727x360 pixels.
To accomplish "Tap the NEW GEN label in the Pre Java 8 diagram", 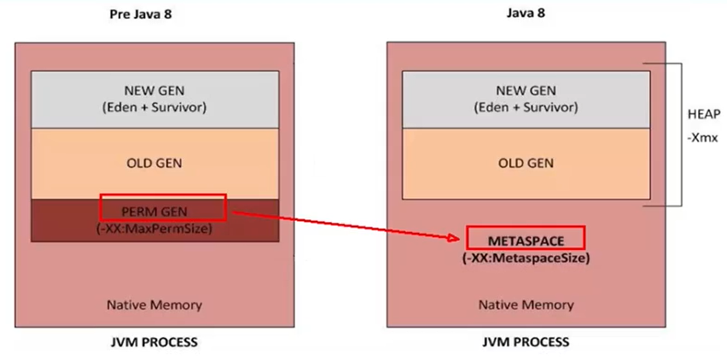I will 154,90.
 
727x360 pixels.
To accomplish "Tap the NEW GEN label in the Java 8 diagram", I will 526,90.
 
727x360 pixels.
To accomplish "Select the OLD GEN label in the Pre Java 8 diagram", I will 154,163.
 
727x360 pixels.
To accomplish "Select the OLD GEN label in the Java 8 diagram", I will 526,163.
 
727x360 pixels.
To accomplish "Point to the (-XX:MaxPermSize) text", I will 154,229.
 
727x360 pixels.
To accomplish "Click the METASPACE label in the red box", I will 526,237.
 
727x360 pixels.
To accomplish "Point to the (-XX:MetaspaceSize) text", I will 526,258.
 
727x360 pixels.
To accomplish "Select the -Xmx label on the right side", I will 698,137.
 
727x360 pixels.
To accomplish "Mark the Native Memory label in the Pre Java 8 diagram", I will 154,305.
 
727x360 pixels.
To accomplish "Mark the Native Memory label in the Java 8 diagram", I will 526,305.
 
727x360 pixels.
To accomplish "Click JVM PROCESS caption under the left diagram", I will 154,342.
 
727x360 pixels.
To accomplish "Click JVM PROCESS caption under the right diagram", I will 526,342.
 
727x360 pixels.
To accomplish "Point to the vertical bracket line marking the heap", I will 680,134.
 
